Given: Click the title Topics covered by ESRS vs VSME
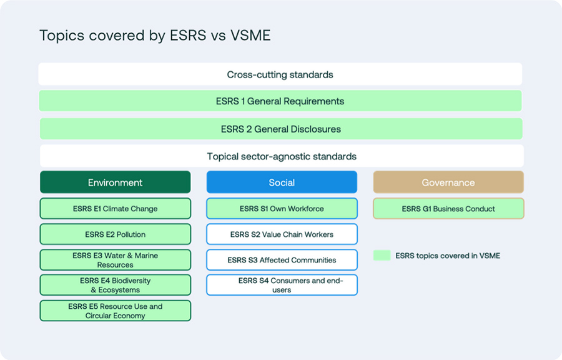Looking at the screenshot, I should coord(155,36).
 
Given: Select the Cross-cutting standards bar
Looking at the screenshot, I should coord(280,74).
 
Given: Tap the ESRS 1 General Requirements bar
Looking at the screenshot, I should coord(280,101).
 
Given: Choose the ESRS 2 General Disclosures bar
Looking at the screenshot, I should coord(280,129).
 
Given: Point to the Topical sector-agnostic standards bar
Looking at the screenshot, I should coord(281,156).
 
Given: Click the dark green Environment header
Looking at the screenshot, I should coord(115,182).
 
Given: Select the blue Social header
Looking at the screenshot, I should coord(282,182).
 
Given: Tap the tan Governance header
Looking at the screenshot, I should coord(448,182).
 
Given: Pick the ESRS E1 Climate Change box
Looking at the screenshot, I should coord(115,209).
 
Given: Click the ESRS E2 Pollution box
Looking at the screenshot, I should coord(115,234).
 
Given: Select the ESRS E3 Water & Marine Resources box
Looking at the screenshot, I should coord(115,260).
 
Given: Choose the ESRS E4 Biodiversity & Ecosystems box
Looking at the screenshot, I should coord(115,285).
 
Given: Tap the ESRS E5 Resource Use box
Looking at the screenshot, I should coord(115,311).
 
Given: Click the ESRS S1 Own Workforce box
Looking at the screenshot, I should coord(282,209).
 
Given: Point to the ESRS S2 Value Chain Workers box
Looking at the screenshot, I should coord(282,234).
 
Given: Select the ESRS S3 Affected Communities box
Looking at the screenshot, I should coord(282,260).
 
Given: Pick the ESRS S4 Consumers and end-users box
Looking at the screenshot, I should coord(282,285).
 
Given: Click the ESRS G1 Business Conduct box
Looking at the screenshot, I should coord(448,209).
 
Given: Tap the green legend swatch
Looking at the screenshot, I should coord(382,256).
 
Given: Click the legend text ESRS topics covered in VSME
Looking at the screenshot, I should coord(448,256).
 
